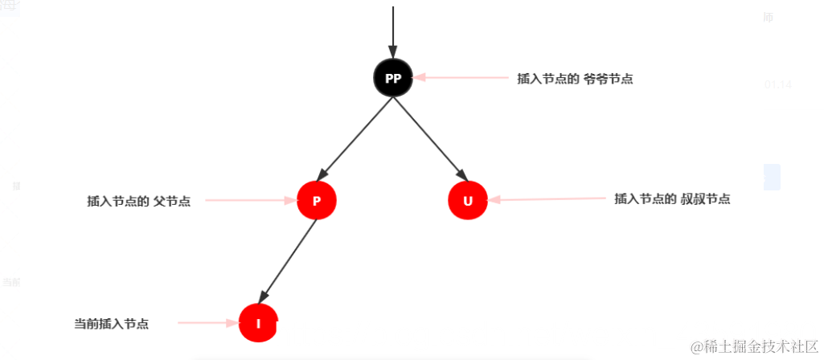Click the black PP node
point(393,78)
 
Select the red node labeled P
point(317,201)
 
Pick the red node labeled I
point(258,323)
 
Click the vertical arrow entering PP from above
point(393,32)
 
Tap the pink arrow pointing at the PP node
point(458,78)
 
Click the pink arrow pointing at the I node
point(207,323)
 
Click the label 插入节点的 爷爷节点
point(575,79)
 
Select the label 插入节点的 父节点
point(138,201)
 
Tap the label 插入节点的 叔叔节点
point(672,198)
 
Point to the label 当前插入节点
point(111,324)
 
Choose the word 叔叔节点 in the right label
point(705,198)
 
